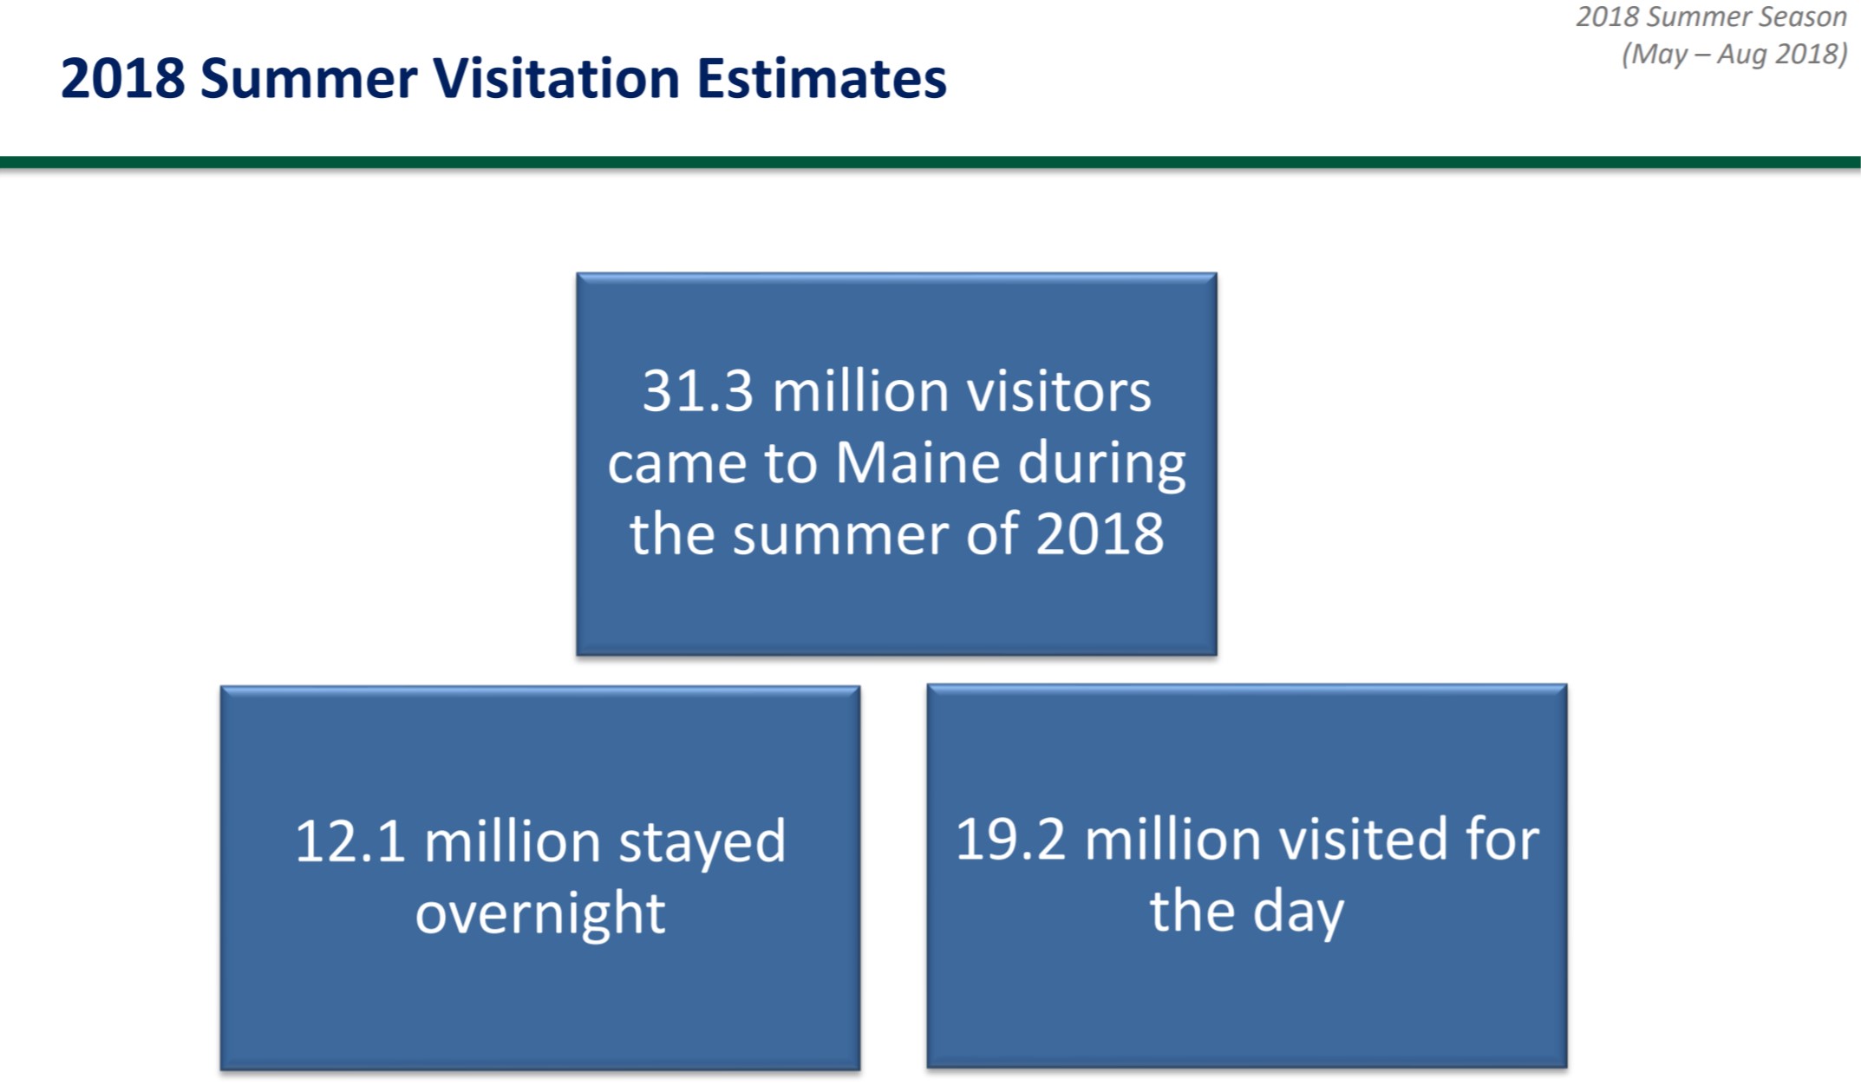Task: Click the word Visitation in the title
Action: (x=556, y=78)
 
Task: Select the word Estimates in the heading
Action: (x=821, y=78)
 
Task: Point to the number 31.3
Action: (x=698, y=391)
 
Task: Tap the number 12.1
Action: (x=349, y=841)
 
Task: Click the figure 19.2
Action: (x=1010, y=840)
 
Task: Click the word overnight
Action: (x=540, y=914)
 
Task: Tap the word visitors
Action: (x=1060, y=391)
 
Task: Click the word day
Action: (x=1298, y=913)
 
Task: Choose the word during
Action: (x=1102, y=464)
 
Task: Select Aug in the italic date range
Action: (x=1743, y=55)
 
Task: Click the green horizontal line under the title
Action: (x=930, y=162)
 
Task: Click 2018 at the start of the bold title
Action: (x=123, y=79)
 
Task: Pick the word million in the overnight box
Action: (x=512, y=841)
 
